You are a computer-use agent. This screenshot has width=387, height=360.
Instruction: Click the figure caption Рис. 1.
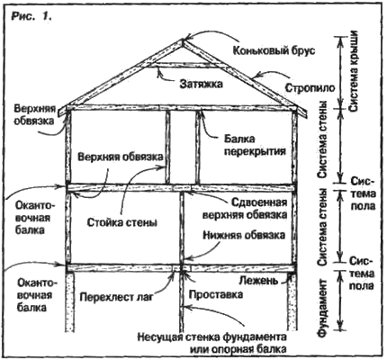click(x=31, y=16)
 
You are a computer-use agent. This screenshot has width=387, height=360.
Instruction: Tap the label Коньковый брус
click(x=274, y=50)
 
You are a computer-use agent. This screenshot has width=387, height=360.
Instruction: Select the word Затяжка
click(x=202, y=85)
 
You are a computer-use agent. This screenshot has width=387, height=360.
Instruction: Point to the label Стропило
click(x=310, y=88)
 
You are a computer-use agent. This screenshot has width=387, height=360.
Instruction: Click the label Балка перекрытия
click(x=256, y=145)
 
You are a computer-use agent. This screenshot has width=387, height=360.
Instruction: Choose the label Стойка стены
click(x=122, y=222)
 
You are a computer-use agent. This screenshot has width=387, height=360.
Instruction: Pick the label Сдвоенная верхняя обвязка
click(x=245, y=208)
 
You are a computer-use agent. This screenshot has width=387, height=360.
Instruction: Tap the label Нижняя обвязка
click(x=244, y=235)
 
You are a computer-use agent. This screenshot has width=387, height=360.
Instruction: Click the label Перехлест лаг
click(x=116, y=297)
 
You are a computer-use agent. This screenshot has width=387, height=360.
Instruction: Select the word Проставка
click(x=216, y=294)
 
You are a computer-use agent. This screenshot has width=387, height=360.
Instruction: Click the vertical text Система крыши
click(x=354, y=71)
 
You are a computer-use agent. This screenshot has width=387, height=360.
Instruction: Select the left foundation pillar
click(x=69, y=301)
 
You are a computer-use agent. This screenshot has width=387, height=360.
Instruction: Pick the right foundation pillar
click(x=292, y=301)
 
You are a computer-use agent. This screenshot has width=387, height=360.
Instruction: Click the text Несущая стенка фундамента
click(x=212, y=337)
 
